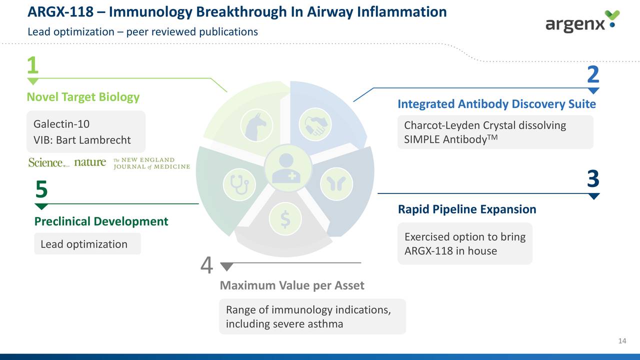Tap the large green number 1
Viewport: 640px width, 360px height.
click(x=32, y=65)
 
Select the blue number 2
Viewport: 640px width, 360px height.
click(x=593, y=75)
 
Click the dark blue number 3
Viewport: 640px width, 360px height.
click(x=593, y=179)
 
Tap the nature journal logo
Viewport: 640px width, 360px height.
click(x=90, y=162)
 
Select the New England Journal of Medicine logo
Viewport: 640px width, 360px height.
click(x=151, y=163)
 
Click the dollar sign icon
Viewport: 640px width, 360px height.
click(x=285, y=219)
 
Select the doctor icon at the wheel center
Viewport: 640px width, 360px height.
click(x=286, y=167)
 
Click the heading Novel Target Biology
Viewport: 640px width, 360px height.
click(x=83, y=97)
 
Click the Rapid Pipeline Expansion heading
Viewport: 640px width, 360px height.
click(x=466, y=209)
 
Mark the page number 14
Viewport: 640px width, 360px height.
click(x=622, y=341)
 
